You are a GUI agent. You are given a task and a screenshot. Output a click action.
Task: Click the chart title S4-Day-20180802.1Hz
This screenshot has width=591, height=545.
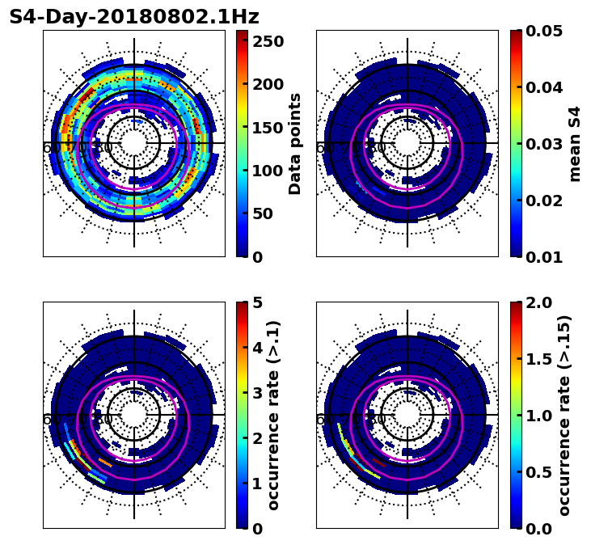coord(134,17)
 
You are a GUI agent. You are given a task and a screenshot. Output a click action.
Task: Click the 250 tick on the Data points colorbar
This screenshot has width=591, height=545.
coord(268,40)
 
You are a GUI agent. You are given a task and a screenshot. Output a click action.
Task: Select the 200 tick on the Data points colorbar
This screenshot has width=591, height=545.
coord(268,84)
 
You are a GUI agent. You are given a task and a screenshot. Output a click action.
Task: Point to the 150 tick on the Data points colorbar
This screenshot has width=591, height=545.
coord(268,127)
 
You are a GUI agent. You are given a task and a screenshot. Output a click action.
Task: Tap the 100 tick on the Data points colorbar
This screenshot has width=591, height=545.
coord(268,171)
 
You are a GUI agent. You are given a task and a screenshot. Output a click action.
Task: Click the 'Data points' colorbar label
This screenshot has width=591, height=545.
coord(295,144)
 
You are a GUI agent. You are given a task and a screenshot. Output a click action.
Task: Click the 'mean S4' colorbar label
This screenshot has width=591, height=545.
coord(575,144)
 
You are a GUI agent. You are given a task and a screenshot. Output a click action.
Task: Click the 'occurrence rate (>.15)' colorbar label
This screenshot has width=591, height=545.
coord(564,416)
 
